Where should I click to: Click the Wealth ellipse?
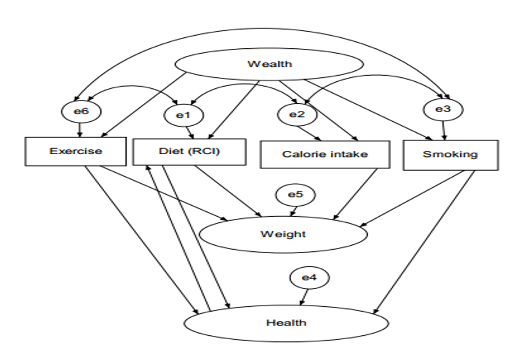click(x=269, y=64)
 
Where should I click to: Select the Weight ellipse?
click(x=283, y=234)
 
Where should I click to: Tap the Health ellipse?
click(x=286, y=322)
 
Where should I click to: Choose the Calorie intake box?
click(x=325, y=154)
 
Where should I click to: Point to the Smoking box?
click(x=450, y=154)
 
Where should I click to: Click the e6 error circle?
click(x=81, y=111)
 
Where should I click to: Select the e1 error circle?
click(x=183, y=115)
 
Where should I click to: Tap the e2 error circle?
click(x=296, y=114)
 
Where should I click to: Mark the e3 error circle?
click(x=443, y=109)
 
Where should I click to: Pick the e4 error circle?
click(x=309, y=278)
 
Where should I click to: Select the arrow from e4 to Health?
click(x=303, y=297)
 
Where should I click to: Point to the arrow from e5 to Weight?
click(x=295, y=211)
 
